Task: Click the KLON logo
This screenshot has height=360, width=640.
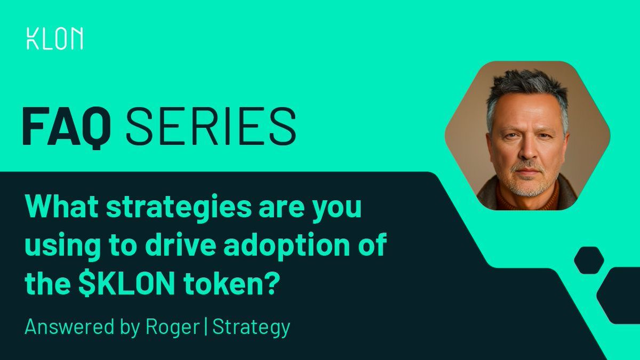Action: tap(54, 39)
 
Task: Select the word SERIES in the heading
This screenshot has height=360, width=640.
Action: tap(211, 126)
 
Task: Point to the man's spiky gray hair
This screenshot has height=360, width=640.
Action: tap(525, 85)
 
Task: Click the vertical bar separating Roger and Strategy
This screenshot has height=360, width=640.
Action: tap(206, 327)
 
